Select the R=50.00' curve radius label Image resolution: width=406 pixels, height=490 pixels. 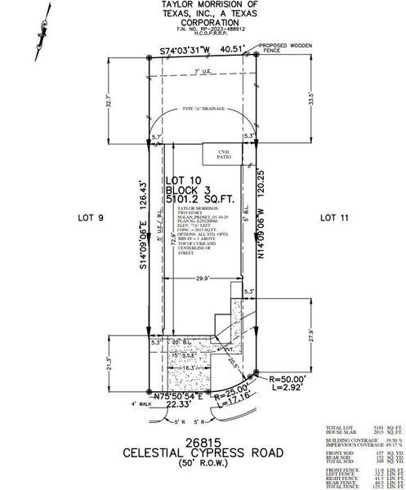[x=284, y=381]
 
